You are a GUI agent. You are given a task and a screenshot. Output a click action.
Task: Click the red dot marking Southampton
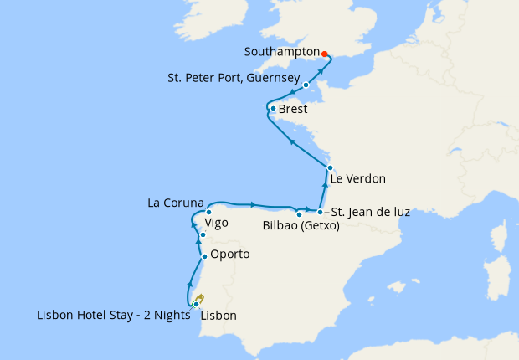pyautogui.click(x=325, y=54)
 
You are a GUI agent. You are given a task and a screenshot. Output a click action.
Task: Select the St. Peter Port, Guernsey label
pyautogui.click(x=233, y=78)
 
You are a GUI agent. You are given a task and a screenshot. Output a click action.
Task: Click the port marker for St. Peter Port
pyautogui.click(x=306, y=85)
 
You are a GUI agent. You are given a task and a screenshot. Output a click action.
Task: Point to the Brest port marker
pyautogui.click(x=273, y=109)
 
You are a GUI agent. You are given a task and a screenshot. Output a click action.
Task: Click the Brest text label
pyautogui.click(x=293, y=110)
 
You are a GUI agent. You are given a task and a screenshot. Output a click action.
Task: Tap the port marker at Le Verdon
pyautogui.click(x=330, y=168)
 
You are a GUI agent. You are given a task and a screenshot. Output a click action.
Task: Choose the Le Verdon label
pyautogui.click(x=358, y=178)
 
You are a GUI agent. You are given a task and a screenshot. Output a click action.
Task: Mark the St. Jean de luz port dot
pyautogui.click(x=320, y=212)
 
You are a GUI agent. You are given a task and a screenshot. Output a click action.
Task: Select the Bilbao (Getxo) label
pyautogui.click(x=301, y=225)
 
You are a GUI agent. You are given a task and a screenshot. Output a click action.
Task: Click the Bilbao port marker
pyautogui.click(x=300, y=215)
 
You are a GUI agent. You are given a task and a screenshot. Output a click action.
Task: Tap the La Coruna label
pyautogui.click(x=175, y=202)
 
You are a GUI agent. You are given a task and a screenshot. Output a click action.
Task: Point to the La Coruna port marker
pyautogui.click(x=208, y=212)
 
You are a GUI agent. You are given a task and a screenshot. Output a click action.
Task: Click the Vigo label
pyautogui.click(x=216, y=224)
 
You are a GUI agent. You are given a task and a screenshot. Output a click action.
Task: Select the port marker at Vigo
pyautogui.click(x=203, y=235)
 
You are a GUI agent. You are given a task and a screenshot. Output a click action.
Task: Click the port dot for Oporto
pyautogui.click(x=204, y=253)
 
